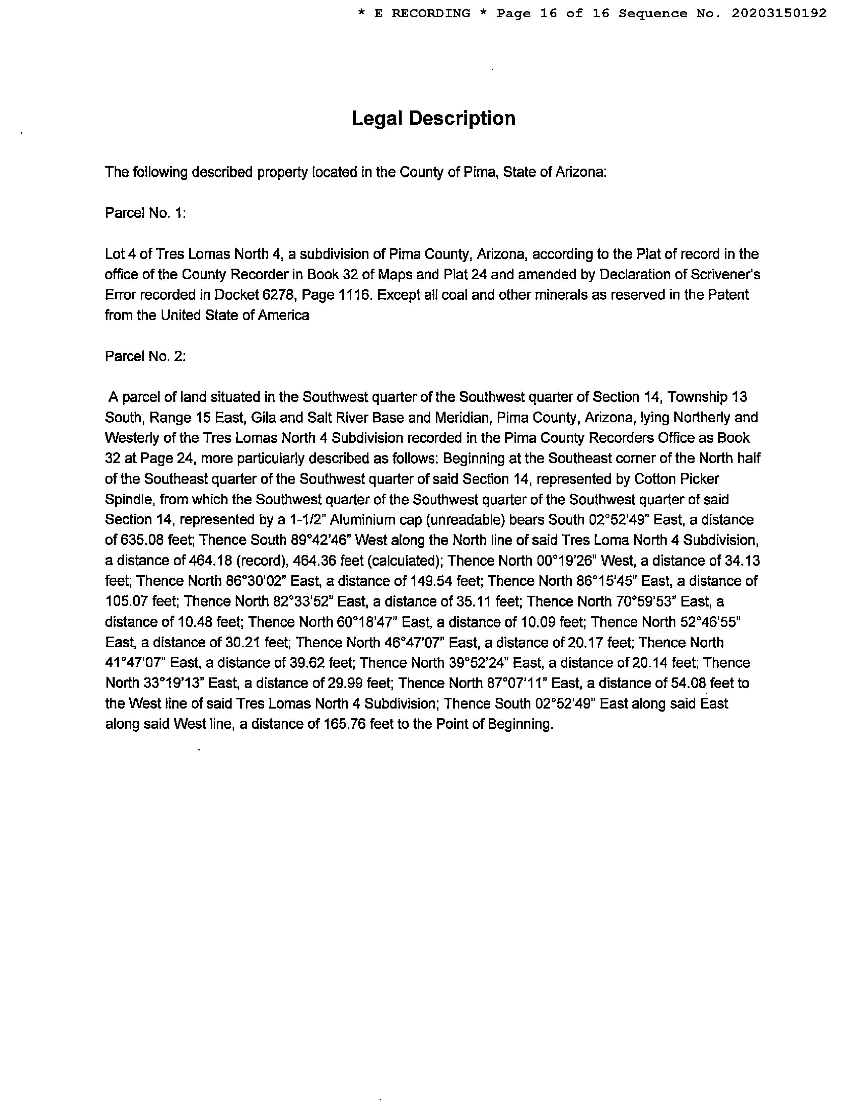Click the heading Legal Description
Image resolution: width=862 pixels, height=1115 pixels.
point(434,119)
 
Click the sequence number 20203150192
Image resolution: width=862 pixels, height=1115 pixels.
point(779,14)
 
